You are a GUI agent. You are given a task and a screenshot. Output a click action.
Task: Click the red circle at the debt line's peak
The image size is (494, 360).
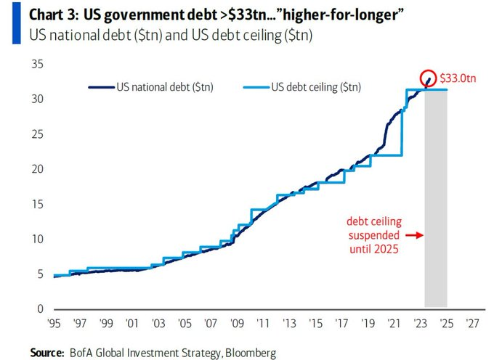point(430,79)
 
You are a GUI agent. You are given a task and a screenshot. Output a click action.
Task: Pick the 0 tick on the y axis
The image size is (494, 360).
point(39,309)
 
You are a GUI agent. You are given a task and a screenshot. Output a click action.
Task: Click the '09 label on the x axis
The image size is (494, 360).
point(237,323)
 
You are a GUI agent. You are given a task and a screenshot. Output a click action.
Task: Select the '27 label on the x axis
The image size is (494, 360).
point(473,323)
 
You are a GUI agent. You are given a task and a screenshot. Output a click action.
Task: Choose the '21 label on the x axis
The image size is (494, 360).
point(394,323)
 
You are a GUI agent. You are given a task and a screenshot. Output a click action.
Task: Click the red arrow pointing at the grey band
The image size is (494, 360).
point(413,235)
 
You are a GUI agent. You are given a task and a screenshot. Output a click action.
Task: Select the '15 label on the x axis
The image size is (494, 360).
point(315,323)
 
